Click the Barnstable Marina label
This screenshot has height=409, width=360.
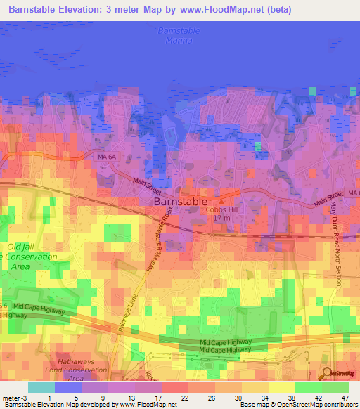(x=179, y=36)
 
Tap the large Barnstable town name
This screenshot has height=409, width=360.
(x=180, y=200)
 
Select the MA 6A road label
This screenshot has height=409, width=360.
(x=106, y=158)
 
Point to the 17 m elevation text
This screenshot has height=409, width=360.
(x=223, y=218)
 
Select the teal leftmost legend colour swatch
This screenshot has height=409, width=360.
(x=41, y=387)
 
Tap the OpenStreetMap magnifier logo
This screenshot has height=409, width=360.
(x=328, y=373)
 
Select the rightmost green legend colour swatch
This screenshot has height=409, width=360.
(x=335, y=387)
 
